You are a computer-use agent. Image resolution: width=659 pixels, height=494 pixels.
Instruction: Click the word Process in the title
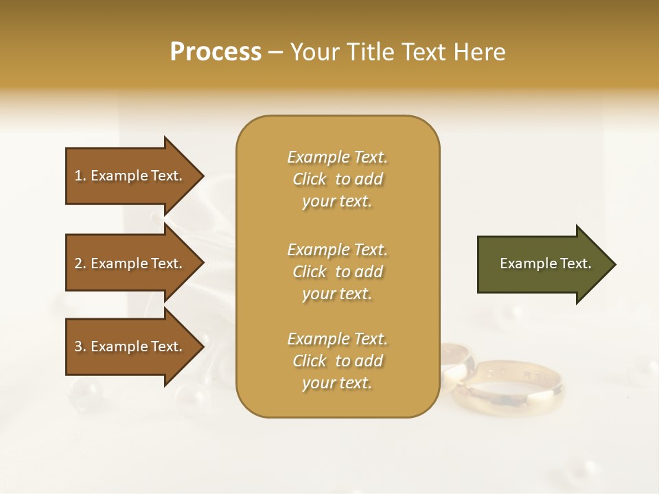point(216,52)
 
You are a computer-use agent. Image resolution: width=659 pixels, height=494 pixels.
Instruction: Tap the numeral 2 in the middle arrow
point(78,263)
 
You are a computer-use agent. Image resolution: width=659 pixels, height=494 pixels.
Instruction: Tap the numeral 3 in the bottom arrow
point(78,346)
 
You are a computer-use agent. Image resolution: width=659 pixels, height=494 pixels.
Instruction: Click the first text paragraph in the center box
point(337,179)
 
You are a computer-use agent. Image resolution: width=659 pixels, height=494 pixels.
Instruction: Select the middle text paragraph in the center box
point(337,272)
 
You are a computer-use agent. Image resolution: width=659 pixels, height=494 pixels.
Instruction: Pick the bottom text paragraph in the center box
point(337,361)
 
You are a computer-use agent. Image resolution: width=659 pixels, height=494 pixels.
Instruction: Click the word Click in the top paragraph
point(309,179)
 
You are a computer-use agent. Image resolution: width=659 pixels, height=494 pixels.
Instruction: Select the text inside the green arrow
point(545,263)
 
